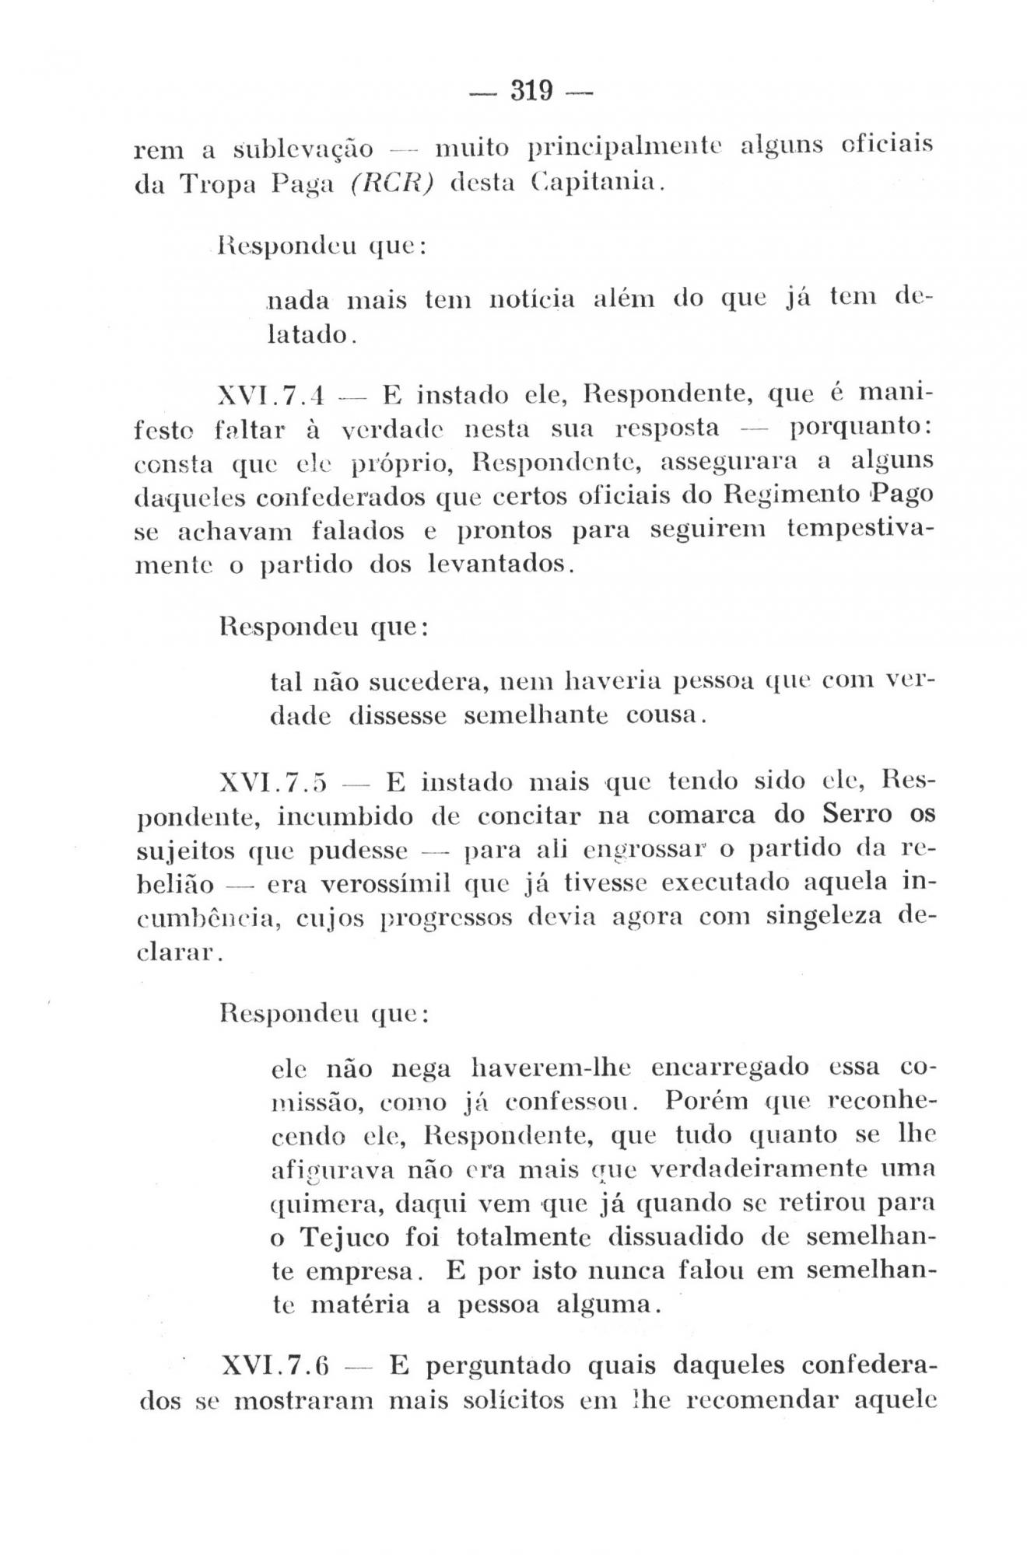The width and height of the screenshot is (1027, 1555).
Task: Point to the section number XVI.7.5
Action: (272, 781)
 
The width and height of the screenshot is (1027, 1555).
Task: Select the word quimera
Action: (325, 1204)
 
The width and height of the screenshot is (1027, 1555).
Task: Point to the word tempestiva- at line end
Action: (860, 529)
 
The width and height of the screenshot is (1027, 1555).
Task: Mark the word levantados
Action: (502, 563)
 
